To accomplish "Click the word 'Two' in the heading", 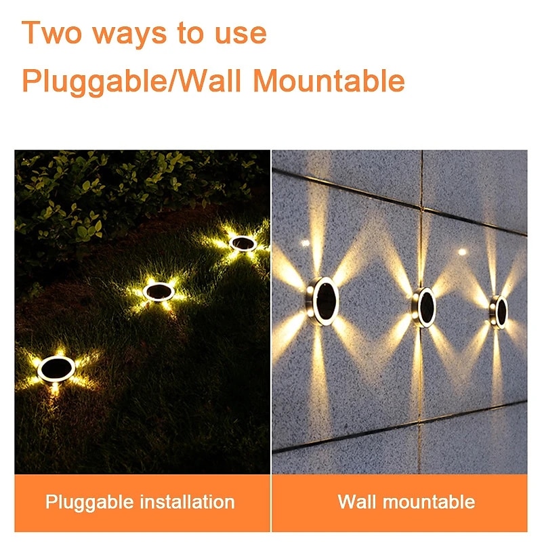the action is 52,32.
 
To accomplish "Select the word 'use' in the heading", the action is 241,34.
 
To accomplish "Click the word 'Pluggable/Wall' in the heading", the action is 131,81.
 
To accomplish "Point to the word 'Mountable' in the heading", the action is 329,81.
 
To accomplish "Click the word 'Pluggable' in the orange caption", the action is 89,502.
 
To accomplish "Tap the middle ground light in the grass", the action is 159,292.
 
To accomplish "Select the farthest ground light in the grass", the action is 243,243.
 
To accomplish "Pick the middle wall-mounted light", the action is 424,307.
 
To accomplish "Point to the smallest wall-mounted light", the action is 498,312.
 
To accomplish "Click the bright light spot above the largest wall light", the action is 306,243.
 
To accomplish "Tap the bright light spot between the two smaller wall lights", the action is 462,251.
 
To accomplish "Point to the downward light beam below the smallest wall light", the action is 497,363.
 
